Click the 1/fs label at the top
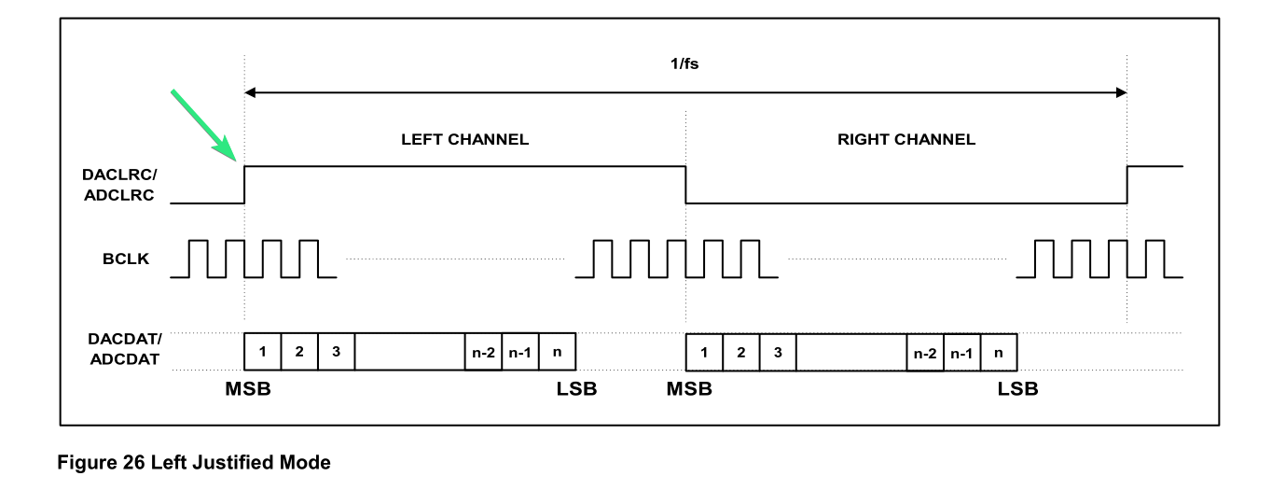click(x=684, y=63)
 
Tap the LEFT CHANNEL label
click(x=464, y=139)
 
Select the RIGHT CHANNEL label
click(x=906, y=139)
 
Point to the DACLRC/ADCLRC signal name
click(x=119, y=185)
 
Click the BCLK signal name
click(x=126, y=259)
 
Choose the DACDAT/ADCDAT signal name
click(x=125, y=349)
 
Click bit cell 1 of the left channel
click(x=262, y=352)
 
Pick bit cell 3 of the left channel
click(x=336, y=352)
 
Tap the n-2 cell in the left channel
click(x=483, y=352)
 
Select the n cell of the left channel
click(x=557, y=352)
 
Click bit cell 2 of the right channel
click(x=741, y=353)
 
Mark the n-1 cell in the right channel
click(x=962, y=353)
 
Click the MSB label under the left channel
click(x=248, y=389)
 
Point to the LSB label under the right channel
click(x=1017, y=389)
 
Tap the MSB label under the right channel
click(x=689, y=389)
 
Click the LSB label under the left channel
click(x=576, y=389)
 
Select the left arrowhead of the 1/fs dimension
click(x=250, y=92)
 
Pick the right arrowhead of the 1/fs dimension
click(x=1122, y=92)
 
